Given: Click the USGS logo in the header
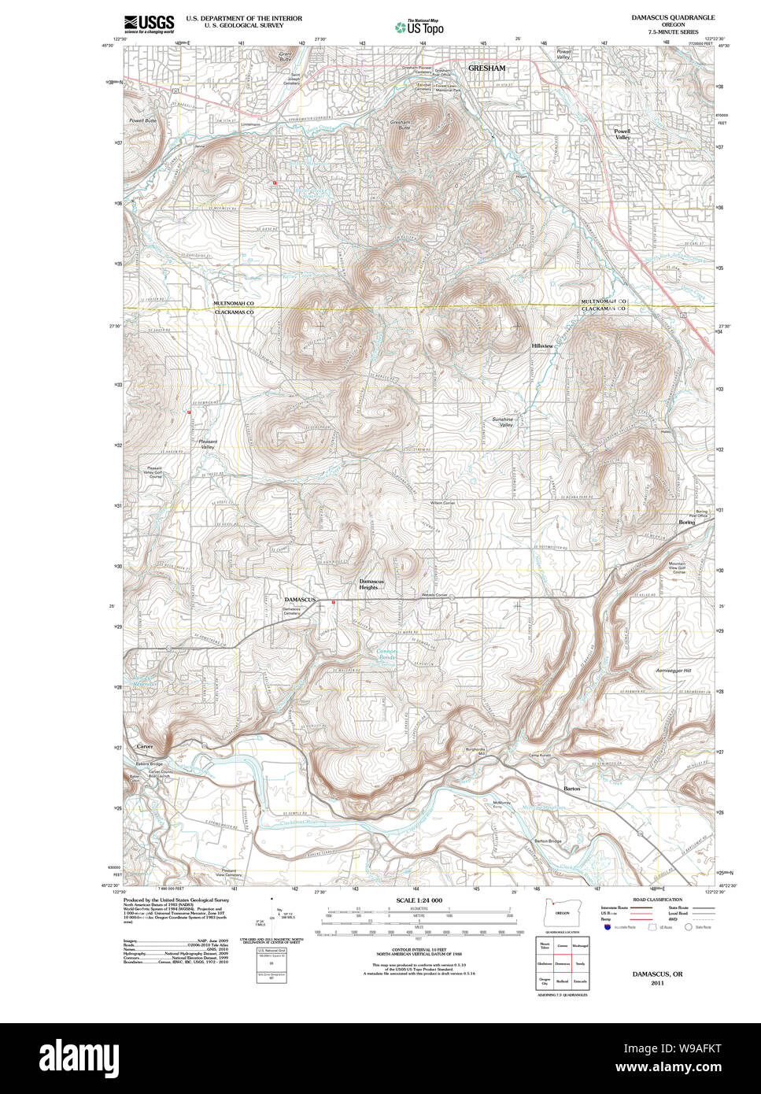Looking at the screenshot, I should click(x=149, y=23).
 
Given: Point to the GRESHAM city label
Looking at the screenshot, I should click(x=486, y=68).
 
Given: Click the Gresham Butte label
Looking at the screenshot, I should click(x=400, y=125).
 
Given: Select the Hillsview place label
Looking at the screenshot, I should click(x=542, y=346).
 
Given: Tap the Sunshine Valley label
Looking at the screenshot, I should click(x=502, y=422).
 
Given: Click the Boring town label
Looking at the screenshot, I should click(x=687, y=522).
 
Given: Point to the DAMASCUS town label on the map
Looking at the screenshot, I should click(x=300, y=600).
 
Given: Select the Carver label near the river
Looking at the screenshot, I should click(x=145, y=746).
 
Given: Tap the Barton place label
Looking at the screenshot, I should click(x=572, y=788).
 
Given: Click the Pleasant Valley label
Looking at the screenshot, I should click(x=208, y=444).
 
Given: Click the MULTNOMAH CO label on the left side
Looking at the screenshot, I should click(x=234, y=303).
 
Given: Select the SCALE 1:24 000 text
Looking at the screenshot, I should click(x=419, y=900).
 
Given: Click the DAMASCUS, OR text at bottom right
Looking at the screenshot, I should click(x=657, y=974).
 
